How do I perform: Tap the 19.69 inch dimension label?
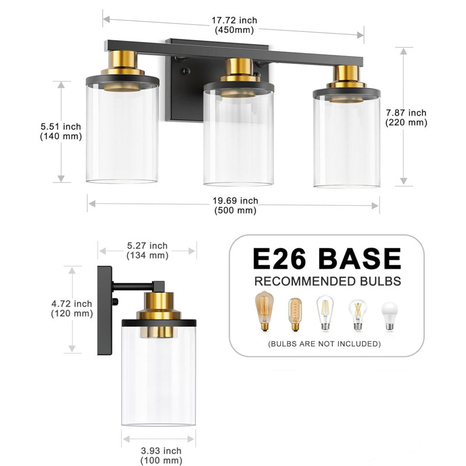[235, 206]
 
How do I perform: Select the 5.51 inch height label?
[61, 131]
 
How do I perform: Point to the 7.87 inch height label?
[406, 118]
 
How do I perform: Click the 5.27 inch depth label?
[147, 250]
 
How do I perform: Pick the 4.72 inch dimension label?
[72, 308]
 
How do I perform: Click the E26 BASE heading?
[327, 259]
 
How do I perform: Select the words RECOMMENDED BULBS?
[327, 281]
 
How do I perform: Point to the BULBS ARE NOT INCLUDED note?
[324, 344]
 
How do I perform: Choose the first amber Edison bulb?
[265, 312]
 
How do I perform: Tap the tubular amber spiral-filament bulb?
[294, 315]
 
